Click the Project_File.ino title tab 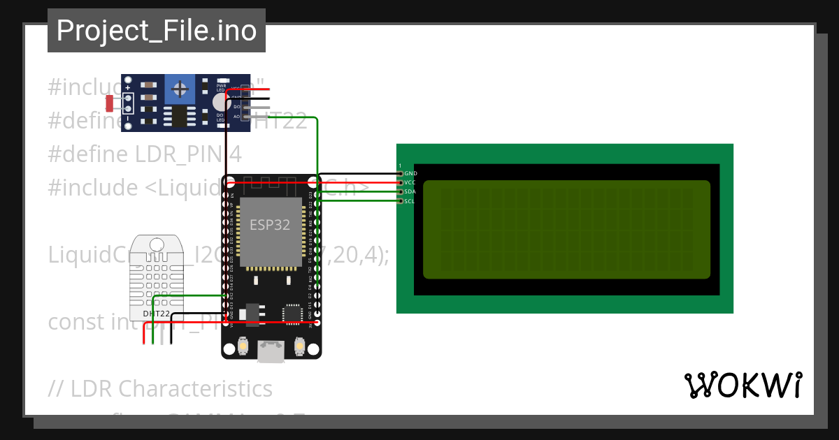click(156, 31)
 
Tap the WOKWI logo click(743, 385)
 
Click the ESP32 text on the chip click(270, 225)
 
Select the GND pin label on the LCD click(410, 173)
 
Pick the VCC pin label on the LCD click(410, 182)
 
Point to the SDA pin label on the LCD click(410, 191)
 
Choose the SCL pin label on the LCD click(410, 201)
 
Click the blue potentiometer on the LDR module click(180, 89)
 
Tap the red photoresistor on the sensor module click(110, 103)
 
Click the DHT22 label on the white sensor click(156, 314)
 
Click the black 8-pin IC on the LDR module click(180, 116)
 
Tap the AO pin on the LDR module click(236, 117)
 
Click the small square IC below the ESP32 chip click(291, 314)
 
